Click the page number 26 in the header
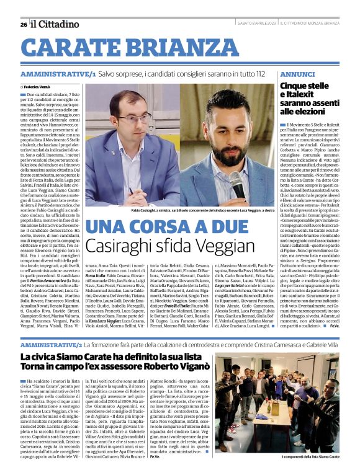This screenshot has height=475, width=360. pos(23,24)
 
